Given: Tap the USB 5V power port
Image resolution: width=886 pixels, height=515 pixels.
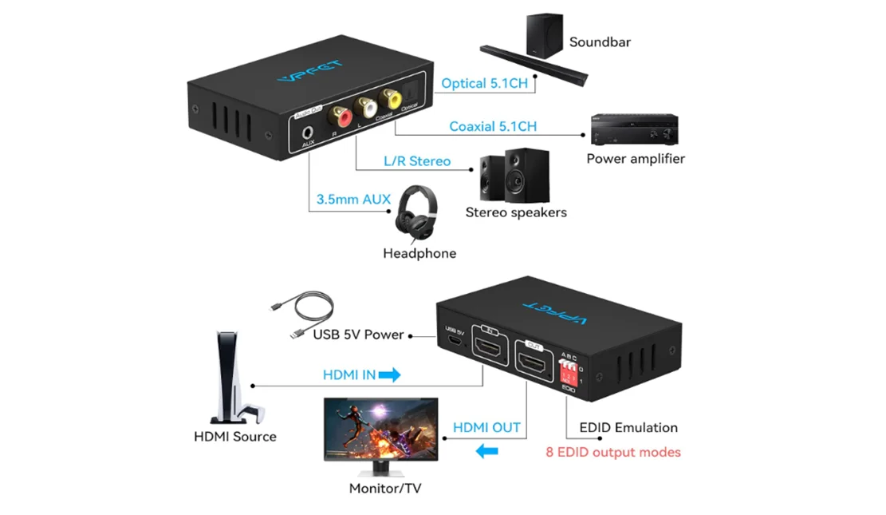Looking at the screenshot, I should (x=454, y=341).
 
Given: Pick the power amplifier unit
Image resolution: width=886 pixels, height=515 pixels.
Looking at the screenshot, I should (x=634, y=130).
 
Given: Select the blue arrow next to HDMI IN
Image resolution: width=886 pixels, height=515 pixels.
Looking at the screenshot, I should (x=389, y=374).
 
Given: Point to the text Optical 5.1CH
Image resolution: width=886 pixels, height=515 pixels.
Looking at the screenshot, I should (x=484, y=83).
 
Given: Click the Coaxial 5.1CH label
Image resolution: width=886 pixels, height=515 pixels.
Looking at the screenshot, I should (x=492, y=126).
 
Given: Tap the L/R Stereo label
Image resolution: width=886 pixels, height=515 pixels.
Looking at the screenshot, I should (x=416, y=161).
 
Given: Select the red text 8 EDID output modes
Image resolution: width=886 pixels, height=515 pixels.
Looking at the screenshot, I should (x=612, y=452).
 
